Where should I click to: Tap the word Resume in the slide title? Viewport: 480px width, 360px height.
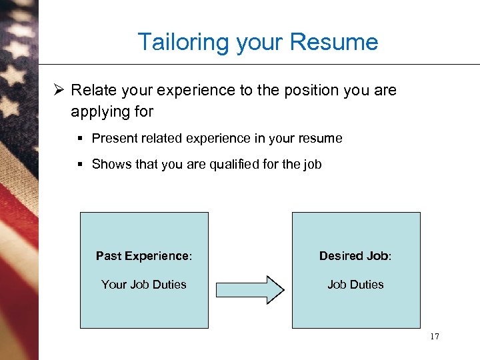click(339, 43)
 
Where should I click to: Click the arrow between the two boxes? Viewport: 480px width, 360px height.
click(251, 289)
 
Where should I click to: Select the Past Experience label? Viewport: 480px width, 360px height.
click(143, 256)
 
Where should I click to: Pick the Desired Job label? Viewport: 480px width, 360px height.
click(355, 256)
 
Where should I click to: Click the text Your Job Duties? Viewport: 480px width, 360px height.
click(143, 285)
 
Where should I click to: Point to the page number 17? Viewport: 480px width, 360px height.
click(435, 337)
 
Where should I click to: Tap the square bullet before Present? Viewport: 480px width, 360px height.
click(79, 139)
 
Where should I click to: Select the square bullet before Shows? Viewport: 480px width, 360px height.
click(79, 164)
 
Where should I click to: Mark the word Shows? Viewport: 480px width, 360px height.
click(111, 164)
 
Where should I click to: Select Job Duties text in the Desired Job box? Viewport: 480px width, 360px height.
click(355, 285)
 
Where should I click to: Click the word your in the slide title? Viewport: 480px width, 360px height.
click(259, 43)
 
